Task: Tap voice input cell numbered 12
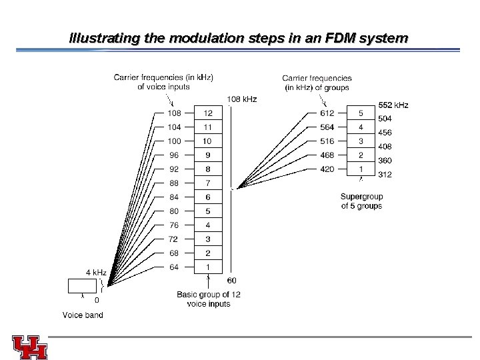pyautogui.click(x=207, y=113)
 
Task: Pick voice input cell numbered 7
pyautogui.click(x=207, y=183)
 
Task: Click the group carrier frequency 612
pyautogui.click(x=327, y=113)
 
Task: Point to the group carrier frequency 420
pyautogui.click(x=327, y=169)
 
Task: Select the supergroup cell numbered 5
pyautogui.click(x=361, y=113)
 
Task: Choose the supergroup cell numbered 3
pyautogui.click(x=361, y=141)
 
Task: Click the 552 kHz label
pyautogui.click(x=393, y=105)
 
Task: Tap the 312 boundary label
pyautogui.click(x=385, y=175)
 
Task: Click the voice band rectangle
pyautogui.click(x=81, y=287)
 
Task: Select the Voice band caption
pyautogui.click(x=83, y=315)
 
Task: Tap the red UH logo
pyautogui.click(x=29, y=345)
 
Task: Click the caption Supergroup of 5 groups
pyautogui.click(x=361, y=201)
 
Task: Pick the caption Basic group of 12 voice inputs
pyautogui.click(x=204, y=299)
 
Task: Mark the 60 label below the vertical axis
pyautogui.click(x=231, y=280)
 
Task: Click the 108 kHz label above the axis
pyautogui.click(x=243, y=99)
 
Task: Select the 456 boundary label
pyautogui.click(x=385, y=133)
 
